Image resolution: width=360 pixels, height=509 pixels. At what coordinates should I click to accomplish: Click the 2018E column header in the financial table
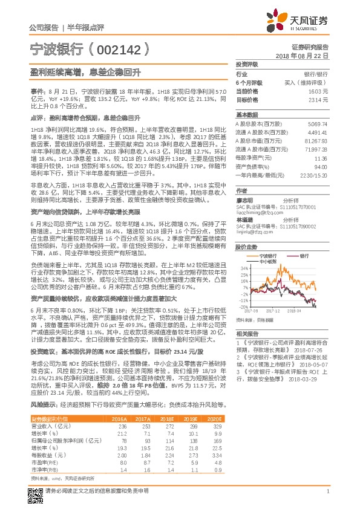(x=165, y=435)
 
